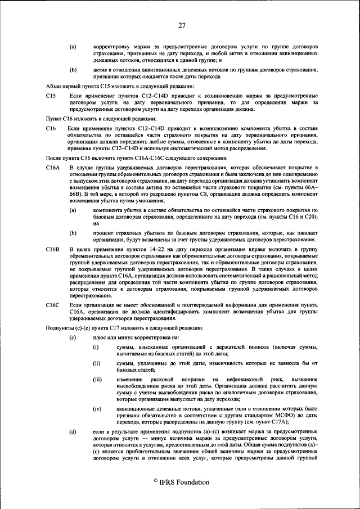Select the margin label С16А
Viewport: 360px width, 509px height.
click(x=53, y=168)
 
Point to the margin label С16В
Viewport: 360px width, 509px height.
click(x=53, y=248)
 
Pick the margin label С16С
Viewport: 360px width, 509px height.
click(x=53, y=304)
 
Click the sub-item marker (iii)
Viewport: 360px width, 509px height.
click(x=97, y=380)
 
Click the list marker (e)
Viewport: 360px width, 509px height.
click(x=73, y=337)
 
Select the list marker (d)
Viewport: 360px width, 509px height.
click(x=73, y=431)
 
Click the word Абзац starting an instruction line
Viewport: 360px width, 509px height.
click(x=54, y=86)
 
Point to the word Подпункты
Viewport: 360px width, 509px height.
click(x=61, y=328)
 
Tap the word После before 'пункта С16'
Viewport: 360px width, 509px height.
click(x=54, y=159)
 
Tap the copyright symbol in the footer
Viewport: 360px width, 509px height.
click(x=155, y=482)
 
